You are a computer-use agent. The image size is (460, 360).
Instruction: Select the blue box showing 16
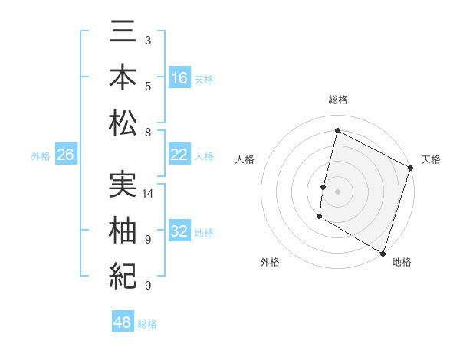(179, 78)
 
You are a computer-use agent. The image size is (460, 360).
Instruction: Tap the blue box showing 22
(179, 155)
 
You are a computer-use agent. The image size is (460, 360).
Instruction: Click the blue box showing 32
(179, 231)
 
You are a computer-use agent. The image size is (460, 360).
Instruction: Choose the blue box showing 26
(65, 155)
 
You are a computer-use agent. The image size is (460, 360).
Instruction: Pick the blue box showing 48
(123, 322)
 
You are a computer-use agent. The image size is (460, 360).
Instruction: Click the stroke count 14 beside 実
(149, 194)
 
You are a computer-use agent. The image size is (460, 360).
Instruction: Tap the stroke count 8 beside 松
(148, 132)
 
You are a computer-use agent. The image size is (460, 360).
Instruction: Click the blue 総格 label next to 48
(147, 324)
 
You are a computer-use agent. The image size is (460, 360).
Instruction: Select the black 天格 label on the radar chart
(431, 159)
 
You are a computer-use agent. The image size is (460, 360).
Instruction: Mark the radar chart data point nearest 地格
(383, 252)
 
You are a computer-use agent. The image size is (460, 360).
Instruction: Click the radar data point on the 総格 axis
(337, 130)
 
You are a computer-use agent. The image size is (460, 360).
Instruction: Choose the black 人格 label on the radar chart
(245, 159)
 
